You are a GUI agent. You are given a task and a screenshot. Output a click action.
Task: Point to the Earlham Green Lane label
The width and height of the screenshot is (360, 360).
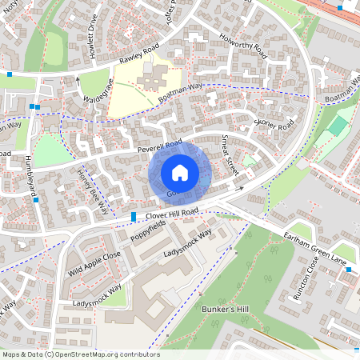pos(315,246)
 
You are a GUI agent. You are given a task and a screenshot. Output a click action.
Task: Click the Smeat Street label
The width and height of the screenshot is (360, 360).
pos(230,154)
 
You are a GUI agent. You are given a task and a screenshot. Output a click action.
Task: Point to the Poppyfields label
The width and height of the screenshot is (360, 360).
pos(150,231)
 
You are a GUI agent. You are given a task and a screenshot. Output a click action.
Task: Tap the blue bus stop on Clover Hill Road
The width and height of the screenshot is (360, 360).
pos(133,217)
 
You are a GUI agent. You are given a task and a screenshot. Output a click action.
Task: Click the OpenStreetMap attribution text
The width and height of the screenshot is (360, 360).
pos(80,354)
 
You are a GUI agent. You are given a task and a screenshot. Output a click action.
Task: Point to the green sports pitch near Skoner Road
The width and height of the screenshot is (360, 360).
pos(337,126)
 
